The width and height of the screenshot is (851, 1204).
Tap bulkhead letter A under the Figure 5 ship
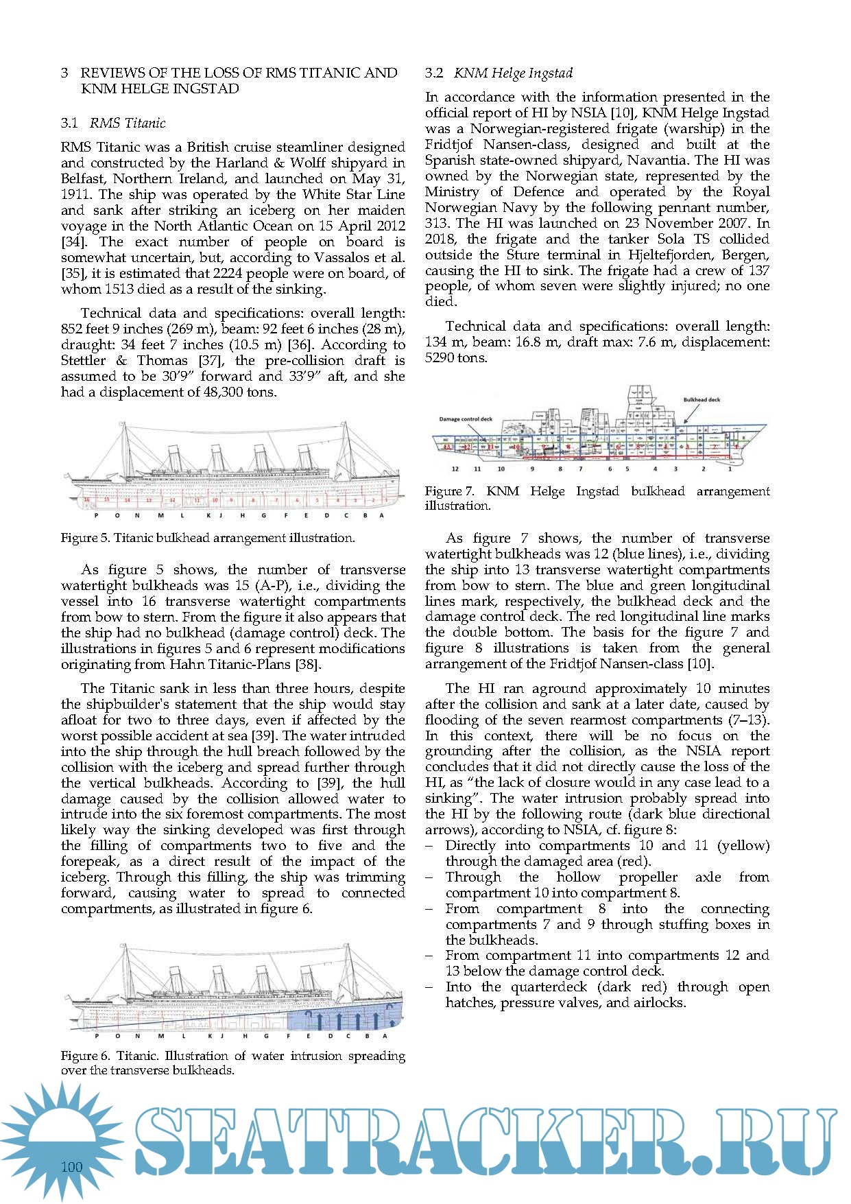pyautogui.click(x=381, y=515)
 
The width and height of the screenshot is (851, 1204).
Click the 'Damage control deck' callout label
pyautogui.click(x=466, y=418)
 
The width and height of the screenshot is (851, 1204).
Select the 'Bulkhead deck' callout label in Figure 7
pyautogui.click(x=702, y=399)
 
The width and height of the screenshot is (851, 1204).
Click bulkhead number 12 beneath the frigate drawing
pyautogui.click(x=455, y=469)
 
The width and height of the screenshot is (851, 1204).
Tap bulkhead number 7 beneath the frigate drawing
pyautogui.click(x=580, y=469)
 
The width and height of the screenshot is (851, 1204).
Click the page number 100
pyautogui.click(x=71, y=1167)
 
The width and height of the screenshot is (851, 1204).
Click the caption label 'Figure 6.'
pyautogui.click(x=85, y=1056)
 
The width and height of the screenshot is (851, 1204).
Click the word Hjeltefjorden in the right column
pyautogui.click(x=666, y=255)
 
